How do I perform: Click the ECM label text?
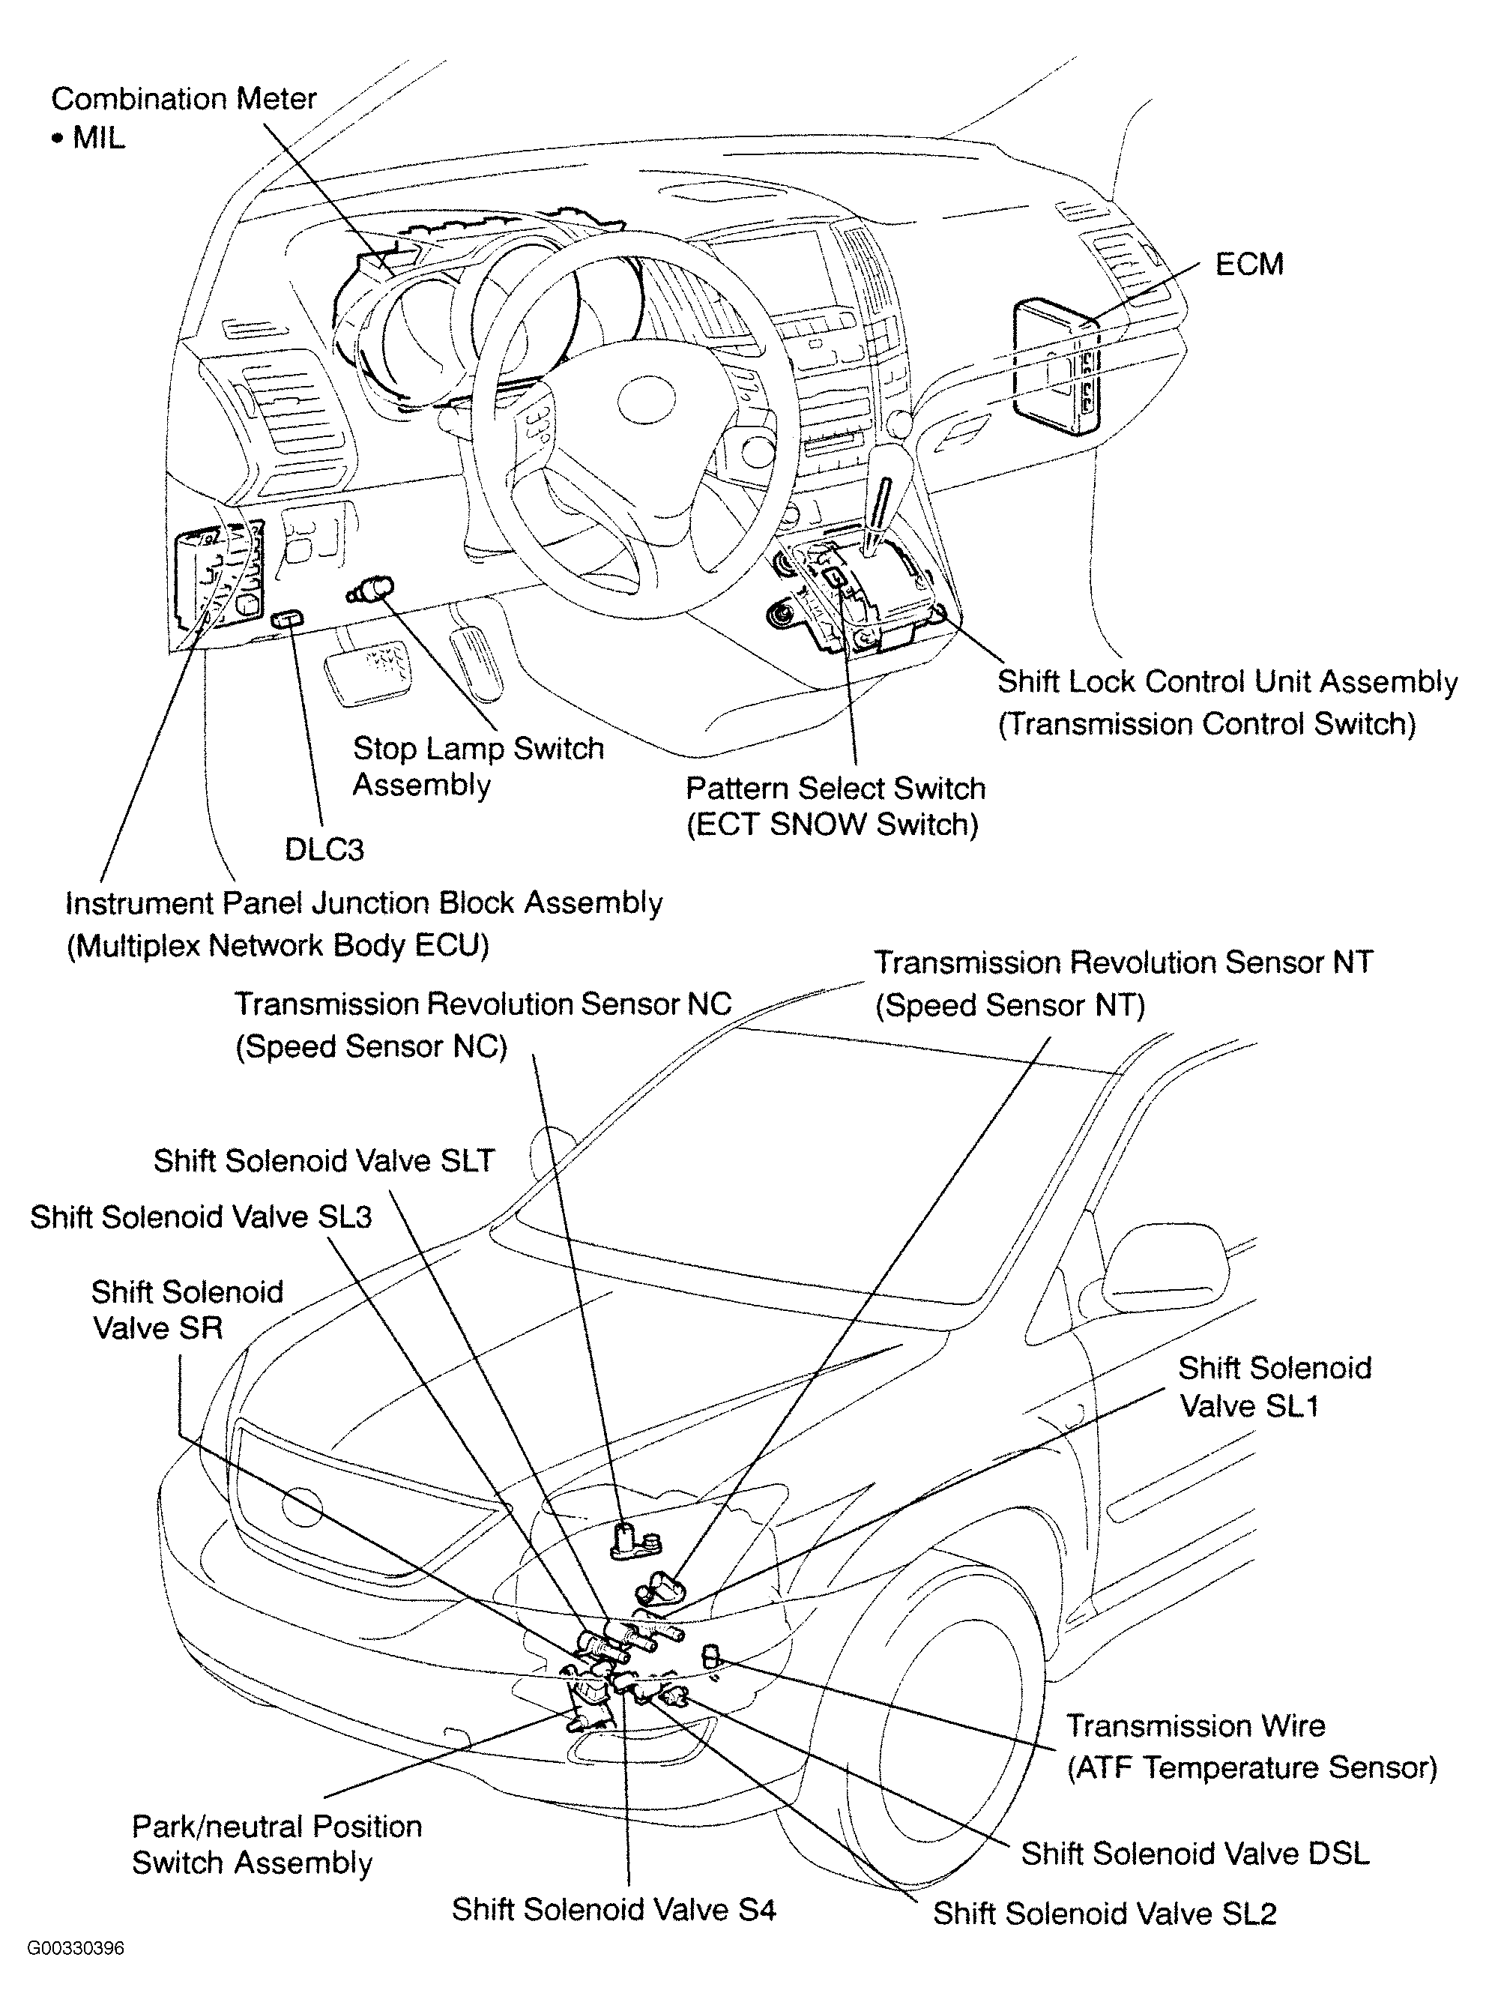pos(1248,265)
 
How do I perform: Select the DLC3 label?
pos(324,849)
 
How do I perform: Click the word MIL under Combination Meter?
pos(98,139)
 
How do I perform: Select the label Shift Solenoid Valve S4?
pos(614,1909)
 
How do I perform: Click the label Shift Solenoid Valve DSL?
pos(1194,1854)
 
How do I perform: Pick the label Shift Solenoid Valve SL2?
pos(1105,1914)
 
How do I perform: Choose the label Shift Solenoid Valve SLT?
pos(324,1161)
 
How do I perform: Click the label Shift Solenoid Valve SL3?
pos(201,1216)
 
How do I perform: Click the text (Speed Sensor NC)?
pos(372,1046)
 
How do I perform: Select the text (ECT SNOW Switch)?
pos(832,825)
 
